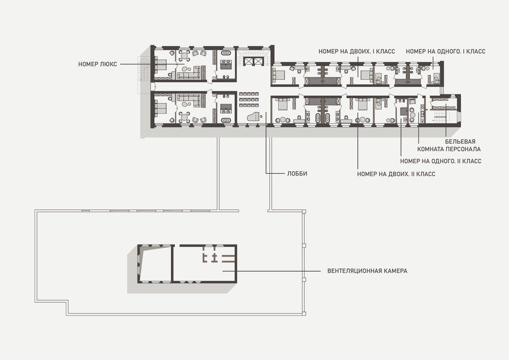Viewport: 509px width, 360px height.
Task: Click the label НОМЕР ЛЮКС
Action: [x=97, y=65]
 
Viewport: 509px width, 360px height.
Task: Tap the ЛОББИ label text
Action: [x=297, y=174]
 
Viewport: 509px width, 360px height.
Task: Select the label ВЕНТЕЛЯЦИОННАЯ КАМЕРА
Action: [x=367, y=271]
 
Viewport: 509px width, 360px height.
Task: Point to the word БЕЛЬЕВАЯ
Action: [x=460, y=142]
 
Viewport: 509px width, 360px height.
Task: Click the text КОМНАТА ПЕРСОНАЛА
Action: [x=449, y=149]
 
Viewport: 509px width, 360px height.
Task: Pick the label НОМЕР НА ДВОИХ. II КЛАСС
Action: [x=396, y=174]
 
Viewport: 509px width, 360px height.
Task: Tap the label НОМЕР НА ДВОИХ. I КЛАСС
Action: [x=357, y=52]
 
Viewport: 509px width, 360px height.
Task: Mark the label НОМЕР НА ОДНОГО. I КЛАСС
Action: [x=446, y=52]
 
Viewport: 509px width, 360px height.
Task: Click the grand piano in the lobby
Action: [x=254, y=116]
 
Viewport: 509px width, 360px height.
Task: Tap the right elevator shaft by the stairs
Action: [x=258, y=61]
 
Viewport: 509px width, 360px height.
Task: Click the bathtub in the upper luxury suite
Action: [x=226, y=53]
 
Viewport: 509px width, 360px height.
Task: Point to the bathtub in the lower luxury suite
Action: [x=226, y=120]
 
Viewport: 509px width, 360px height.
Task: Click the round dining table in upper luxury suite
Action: [x=184, y=56]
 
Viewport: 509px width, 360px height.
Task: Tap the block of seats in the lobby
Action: [x=249, y=99]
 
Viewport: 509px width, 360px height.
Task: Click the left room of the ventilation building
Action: [x=155, y=264]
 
